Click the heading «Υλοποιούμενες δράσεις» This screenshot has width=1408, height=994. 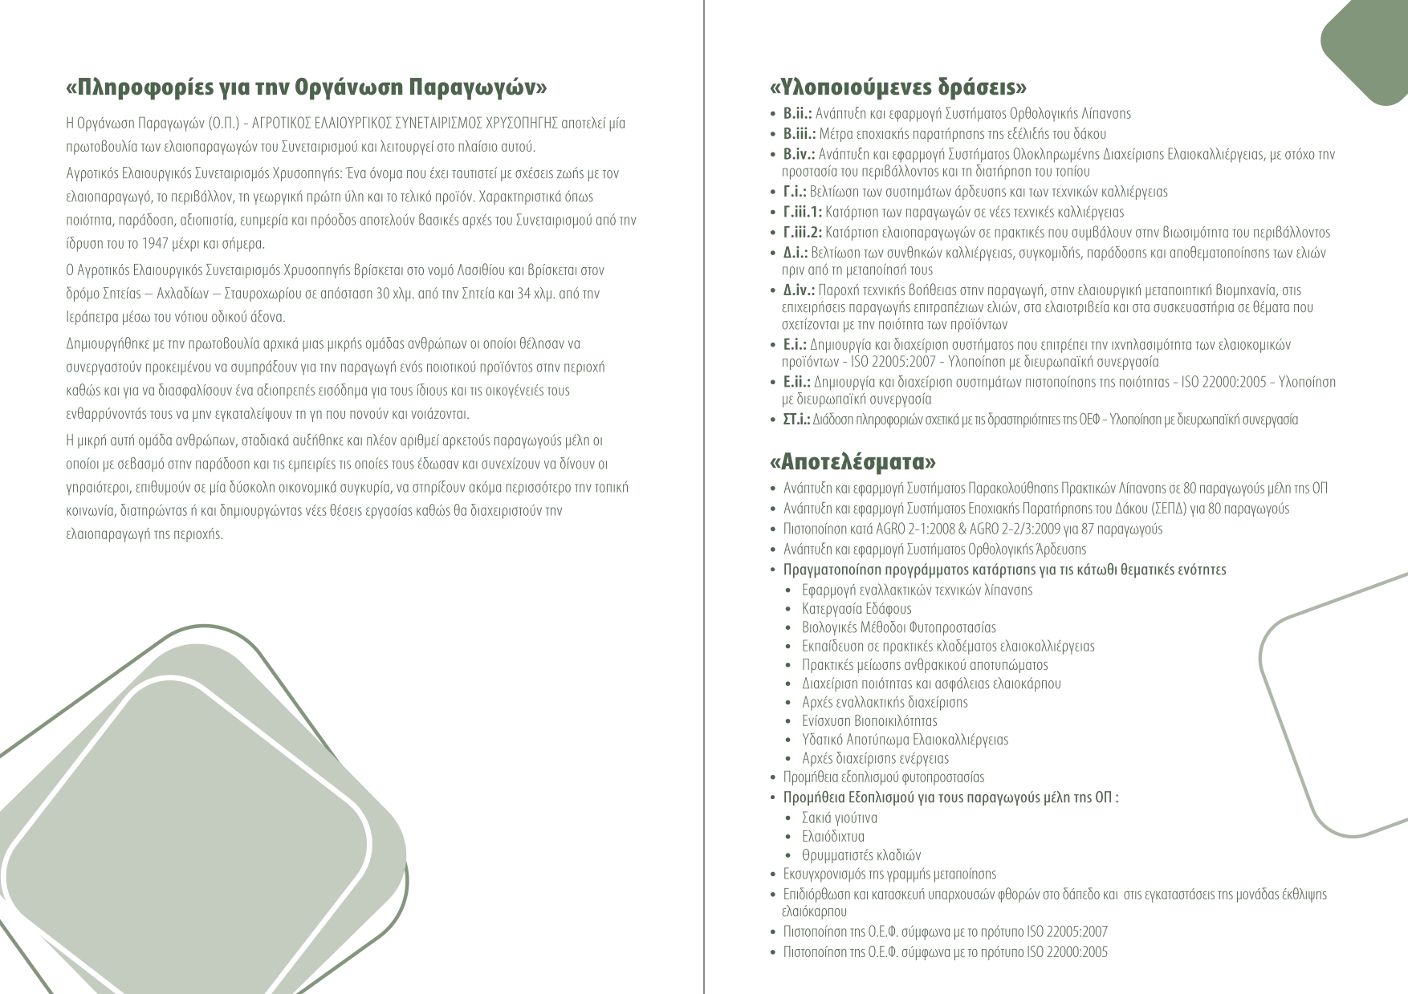[x=897, y=87]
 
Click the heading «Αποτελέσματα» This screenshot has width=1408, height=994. [x=853, y=463]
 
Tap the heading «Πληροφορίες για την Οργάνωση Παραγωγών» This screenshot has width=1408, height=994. [x=307, y=87]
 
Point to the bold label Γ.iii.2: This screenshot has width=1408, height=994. [x=803, y=233]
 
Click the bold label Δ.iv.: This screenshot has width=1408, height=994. [x=800, y=290]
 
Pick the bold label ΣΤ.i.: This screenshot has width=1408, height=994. [x=796, y=420]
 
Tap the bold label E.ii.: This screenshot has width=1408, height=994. [x=798, y=382]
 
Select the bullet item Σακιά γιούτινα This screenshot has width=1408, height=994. [x=840, y=818]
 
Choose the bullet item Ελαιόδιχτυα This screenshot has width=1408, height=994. [x=833, y=837]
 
